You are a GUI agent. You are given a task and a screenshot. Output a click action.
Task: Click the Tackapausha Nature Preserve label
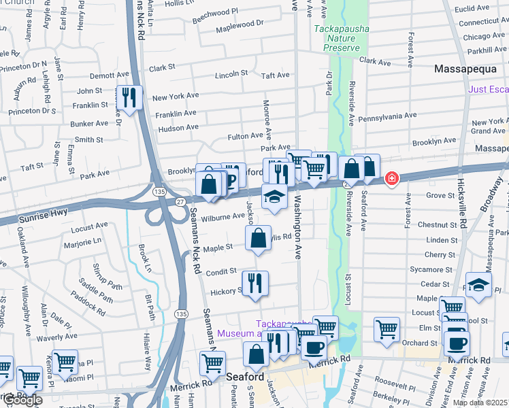pos(340,39)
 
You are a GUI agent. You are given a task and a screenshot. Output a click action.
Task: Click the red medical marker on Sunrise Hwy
pos(392,179)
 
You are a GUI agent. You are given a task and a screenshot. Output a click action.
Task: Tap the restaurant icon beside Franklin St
pos(128,97)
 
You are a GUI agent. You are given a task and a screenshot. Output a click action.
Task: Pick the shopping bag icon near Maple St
pos(258,238)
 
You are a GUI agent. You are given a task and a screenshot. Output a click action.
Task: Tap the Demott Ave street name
pos(109,75)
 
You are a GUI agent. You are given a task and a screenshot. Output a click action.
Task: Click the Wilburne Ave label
pos(223,217)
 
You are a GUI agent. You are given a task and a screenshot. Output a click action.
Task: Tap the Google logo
pos(22,400)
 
